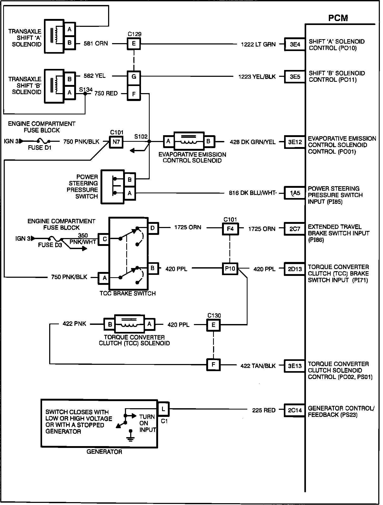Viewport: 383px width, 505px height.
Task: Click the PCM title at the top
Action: (x=338, y=18)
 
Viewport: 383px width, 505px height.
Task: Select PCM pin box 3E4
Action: (x=295, y=44)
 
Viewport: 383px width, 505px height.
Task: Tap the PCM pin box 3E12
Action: (x=295, y=142)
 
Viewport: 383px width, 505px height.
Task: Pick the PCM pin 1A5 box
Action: (x=295, y=193)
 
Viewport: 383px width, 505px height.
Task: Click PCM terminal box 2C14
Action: (x=295, y=410)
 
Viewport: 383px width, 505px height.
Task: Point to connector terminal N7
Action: (x=116, y=142)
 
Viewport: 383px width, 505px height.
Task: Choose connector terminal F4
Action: (x=230, y=229)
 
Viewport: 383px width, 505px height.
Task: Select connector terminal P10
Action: (x=230, y=269)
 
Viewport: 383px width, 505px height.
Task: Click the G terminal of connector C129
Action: (x=134, y=77)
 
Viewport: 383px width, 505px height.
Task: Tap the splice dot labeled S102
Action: (x=149, y=142)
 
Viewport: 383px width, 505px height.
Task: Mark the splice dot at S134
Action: (x=85, y=93)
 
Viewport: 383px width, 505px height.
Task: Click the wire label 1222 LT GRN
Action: (x=258, y=44)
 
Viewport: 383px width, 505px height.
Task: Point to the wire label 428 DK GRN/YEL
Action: (x=253, y=142)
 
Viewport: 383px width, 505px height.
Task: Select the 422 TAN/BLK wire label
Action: (x=258, y=366)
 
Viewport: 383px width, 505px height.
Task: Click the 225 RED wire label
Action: (x=264, y=410)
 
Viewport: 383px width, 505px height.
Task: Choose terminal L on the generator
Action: (x=163, y=409)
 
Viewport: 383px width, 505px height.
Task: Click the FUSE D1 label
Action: (x=39, y=148)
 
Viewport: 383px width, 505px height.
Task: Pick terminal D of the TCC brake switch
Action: (x=153, y=228)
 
